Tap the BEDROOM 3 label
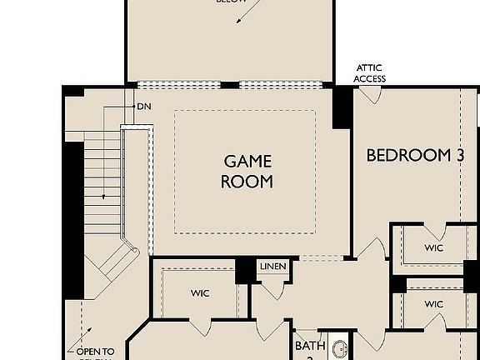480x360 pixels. click(x=415, y=155)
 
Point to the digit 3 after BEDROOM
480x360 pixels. click(x=458, y=155)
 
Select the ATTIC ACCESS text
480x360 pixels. click(x=369, y=73)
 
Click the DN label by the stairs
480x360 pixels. click(x=143, y=107)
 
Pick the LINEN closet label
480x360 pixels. click(x=272, y=267)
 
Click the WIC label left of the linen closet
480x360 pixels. click(x=199, y=292)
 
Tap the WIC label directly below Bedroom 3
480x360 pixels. click(x=433, y=248)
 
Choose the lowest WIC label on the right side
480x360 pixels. click(x=433, y=304)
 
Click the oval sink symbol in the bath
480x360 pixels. click(x=340, y=349)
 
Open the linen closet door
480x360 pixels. click(x=274, y=288)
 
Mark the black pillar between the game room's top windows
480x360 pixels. click(x=229, y=85)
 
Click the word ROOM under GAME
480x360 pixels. click(x=247, y=181)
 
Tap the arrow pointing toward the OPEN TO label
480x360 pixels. click(x=82, y=330)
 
